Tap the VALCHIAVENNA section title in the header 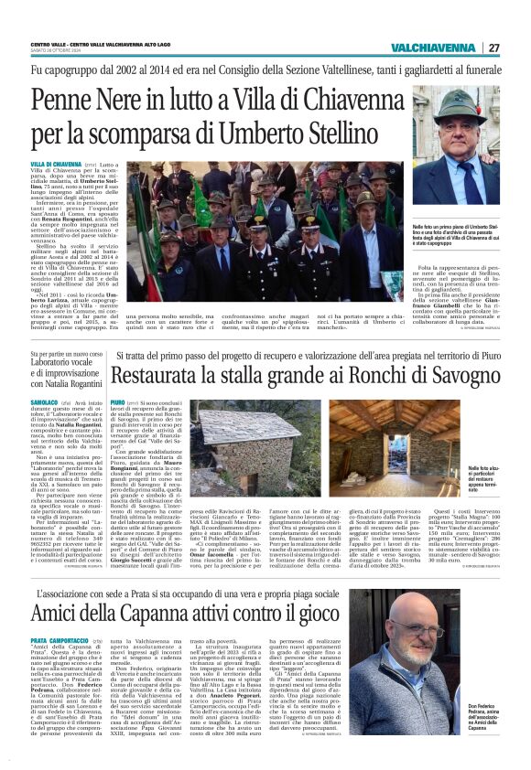click(x=434, y=48)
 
